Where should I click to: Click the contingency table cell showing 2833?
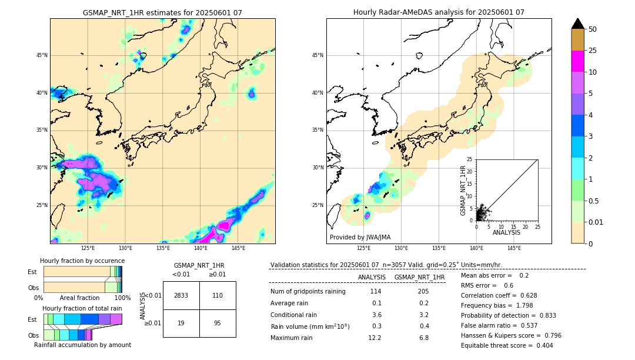coord(181,295)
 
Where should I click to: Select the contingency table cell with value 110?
coord(218,295)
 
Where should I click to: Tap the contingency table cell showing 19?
coord(181,323)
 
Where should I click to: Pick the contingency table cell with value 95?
coord(218,323)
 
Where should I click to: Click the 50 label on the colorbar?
coord(593,29)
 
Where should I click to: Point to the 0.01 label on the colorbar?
coord(596,222)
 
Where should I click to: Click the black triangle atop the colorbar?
coord(578,24)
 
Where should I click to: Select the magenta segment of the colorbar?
coord(578,61)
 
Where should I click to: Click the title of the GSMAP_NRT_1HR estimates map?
coord(162,12)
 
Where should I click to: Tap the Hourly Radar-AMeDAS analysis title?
coord(439,12)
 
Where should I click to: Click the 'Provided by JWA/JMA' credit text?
coord(360,238)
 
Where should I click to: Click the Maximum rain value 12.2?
coord(375,338)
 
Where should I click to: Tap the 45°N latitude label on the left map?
coord(41,56)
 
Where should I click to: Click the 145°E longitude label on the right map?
coord(514,248)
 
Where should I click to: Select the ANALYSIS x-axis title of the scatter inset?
coord(506,232)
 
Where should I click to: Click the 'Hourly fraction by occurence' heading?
coord(82,261)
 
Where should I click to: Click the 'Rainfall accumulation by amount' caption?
coord(82,345)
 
